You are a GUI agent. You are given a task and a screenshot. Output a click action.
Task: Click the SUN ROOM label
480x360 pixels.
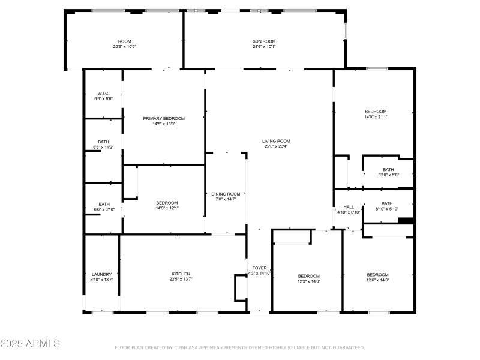[x=264, y=41]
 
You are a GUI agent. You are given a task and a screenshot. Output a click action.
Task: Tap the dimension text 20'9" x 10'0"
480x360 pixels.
[x=125, y=46]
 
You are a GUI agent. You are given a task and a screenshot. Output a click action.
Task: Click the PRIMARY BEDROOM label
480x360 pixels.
[x=164, y=118]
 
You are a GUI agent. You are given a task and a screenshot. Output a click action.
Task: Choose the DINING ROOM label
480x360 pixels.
[x=226, y=194]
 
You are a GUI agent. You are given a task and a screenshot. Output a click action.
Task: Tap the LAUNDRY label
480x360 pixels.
[x=101, y=274]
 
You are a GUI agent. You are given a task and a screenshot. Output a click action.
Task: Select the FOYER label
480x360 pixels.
[x=259, y=268]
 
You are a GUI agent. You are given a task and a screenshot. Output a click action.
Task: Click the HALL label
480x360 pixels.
[x=349, y=206]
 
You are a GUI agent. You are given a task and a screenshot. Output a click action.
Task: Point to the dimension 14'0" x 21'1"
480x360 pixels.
[x=376, y=117]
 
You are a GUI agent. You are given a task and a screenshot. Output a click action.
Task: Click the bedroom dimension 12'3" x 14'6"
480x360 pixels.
[x=309, y=281]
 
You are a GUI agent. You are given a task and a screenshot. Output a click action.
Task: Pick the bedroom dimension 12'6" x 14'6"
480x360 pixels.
[x=378, y=280]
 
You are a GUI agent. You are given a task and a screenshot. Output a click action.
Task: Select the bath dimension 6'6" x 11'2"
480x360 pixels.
[x=104, y=147]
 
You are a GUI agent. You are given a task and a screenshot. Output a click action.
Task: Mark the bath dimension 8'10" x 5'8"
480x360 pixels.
[x=388, y=175]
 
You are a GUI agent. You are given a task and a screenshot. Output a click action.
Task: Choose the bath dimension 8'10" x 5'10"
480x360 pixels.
[x=387, y=209]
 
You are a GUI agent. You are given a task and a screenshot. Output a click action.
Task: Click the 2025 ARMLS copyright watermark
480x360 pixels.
[x=30, y=344]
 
